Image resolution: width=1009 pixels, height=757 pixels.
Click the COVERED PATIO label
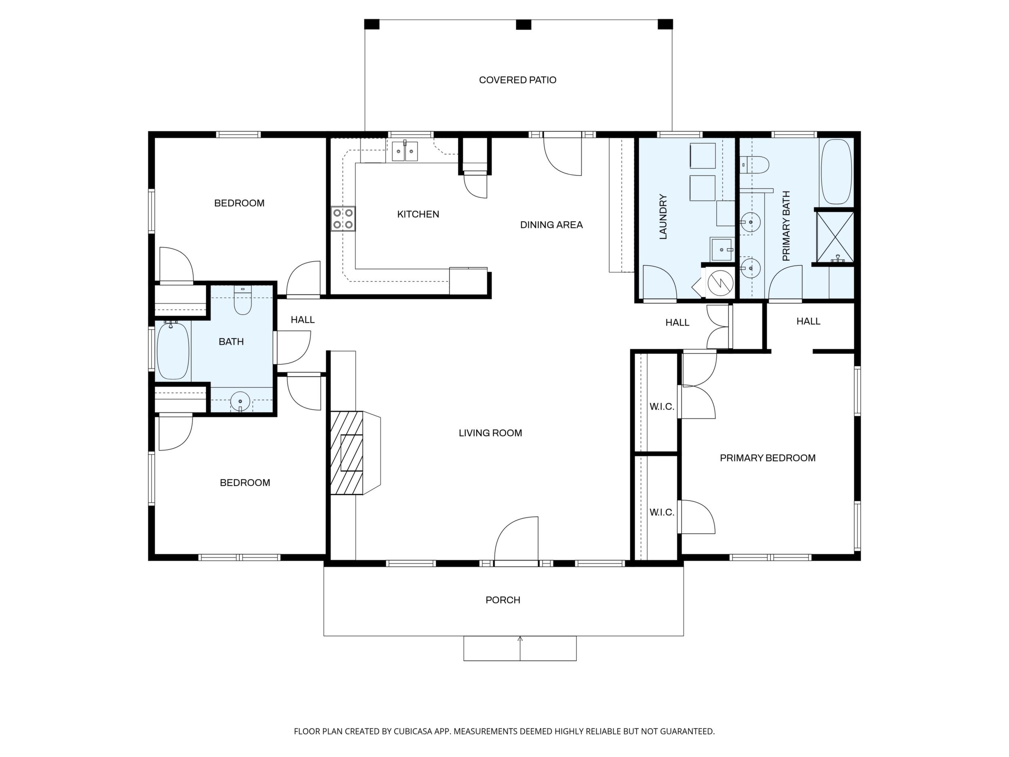[517, 80]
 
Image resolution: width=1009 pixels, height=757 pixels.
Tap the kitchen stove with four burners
[344, 218]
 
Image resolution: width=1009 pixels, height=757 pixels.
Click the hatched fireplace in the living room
[347, 453]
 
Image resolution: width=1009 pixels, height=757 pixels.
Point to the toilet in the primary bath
[755, 164]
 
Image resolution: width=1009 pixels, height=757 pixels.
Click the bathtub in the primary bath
[836, 171]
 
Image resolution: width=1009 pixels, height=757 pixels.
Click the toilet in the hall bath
[243, 300]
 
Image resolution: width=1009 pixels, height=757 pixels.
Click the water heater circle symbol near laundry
[720, 282]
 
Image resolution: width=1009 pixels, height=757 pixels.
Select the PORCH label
[502, 600]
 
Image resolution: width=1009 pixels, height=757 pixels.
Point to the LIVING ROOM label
[490, 433]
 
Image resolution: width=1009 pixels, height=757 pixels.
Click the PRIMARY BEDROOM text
[768, 458]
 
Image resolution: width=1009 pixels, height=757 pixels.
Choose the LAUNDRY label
[663, 216]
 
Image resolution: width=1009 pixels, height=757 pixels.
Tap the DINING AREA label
[551, 224]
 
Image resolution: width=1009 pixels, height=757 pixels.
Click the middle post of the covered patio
[523, 24]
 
